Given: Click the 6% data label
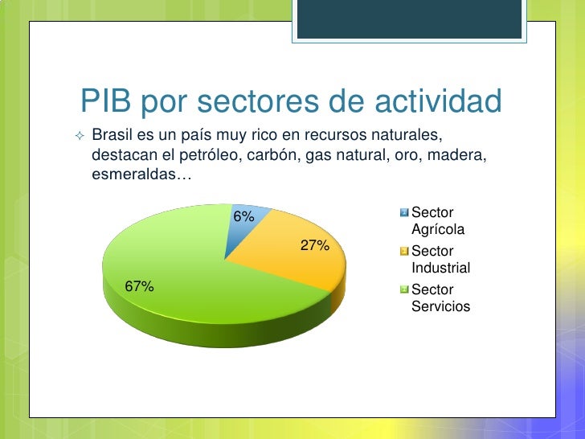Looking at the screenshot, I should (x=243, y=216).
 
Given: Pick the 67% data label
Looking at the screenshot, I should (x=139, y=286).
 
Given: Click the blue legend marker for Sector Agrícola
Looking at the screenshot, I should (x=404, y=212).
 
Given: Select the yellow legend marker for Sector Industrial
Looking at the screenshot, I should (x=404, y=252).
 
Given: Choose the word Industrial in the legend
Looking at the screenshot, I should (x=440, y=268).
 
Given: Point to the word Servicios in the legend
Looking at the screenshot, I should (x=440, y=306).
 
